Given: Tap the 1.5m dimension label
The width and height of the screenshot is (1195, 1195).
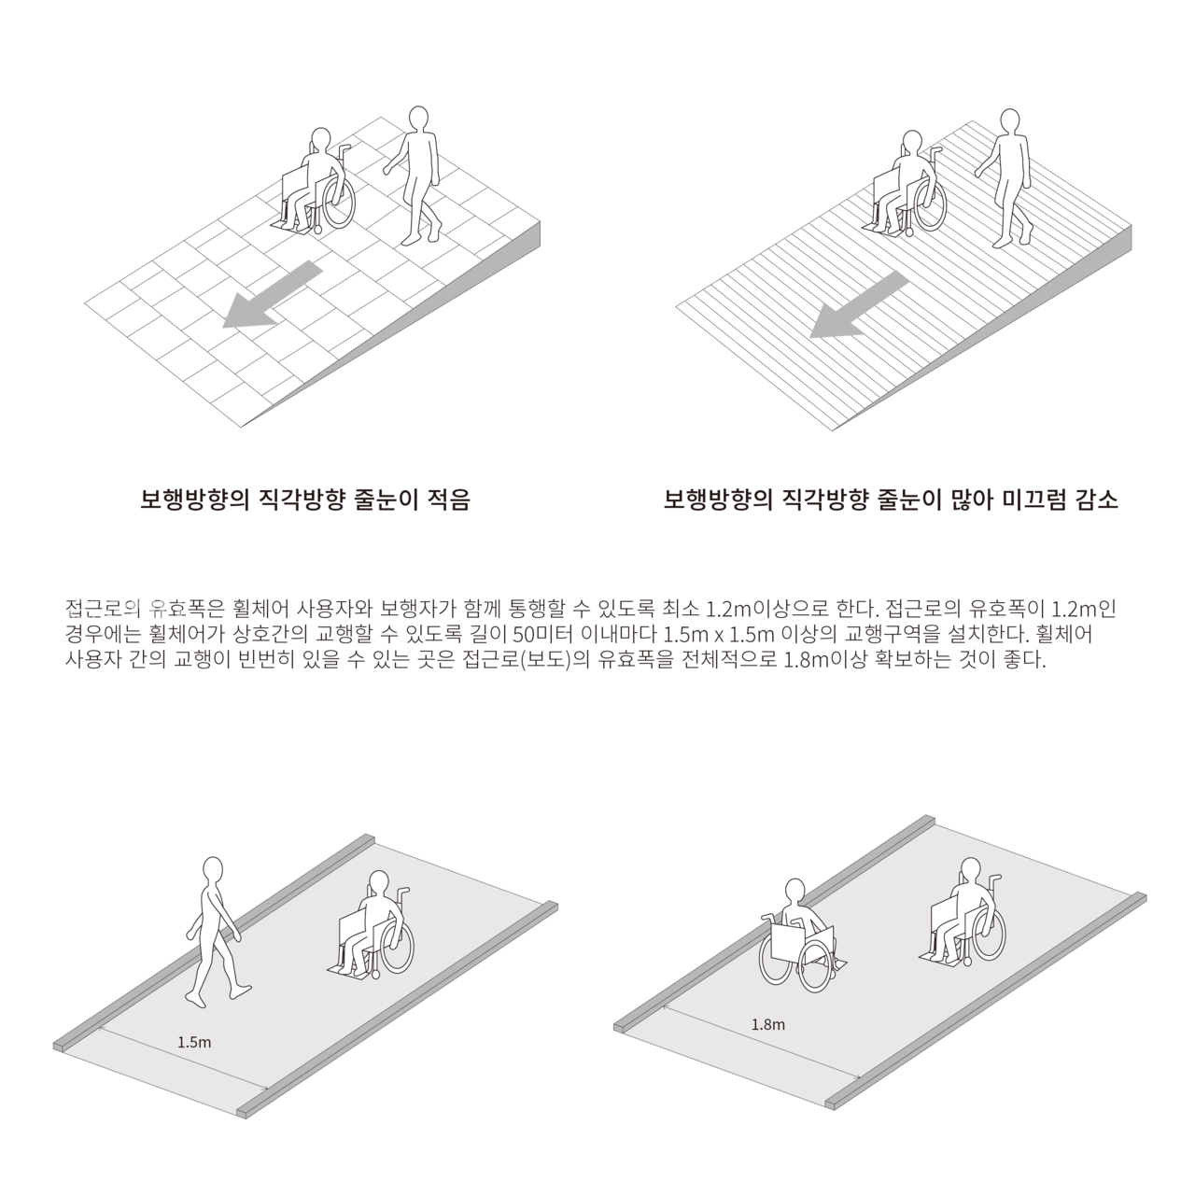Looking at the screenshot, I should pos(194,1041).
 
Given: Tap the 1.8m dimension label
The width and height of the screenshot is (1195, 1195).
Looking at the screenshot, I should pos(767,1024).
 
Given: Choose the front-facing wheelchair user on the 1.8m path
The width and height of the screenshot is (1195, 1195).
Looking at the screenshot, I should pos(798,937).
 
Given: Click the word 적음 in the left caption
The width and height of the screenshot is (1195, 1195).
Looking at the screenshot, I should pos(447,500).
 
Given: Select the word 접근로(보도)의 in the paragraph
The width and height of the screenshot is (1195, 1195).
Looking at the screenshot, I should pos(533,661).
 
